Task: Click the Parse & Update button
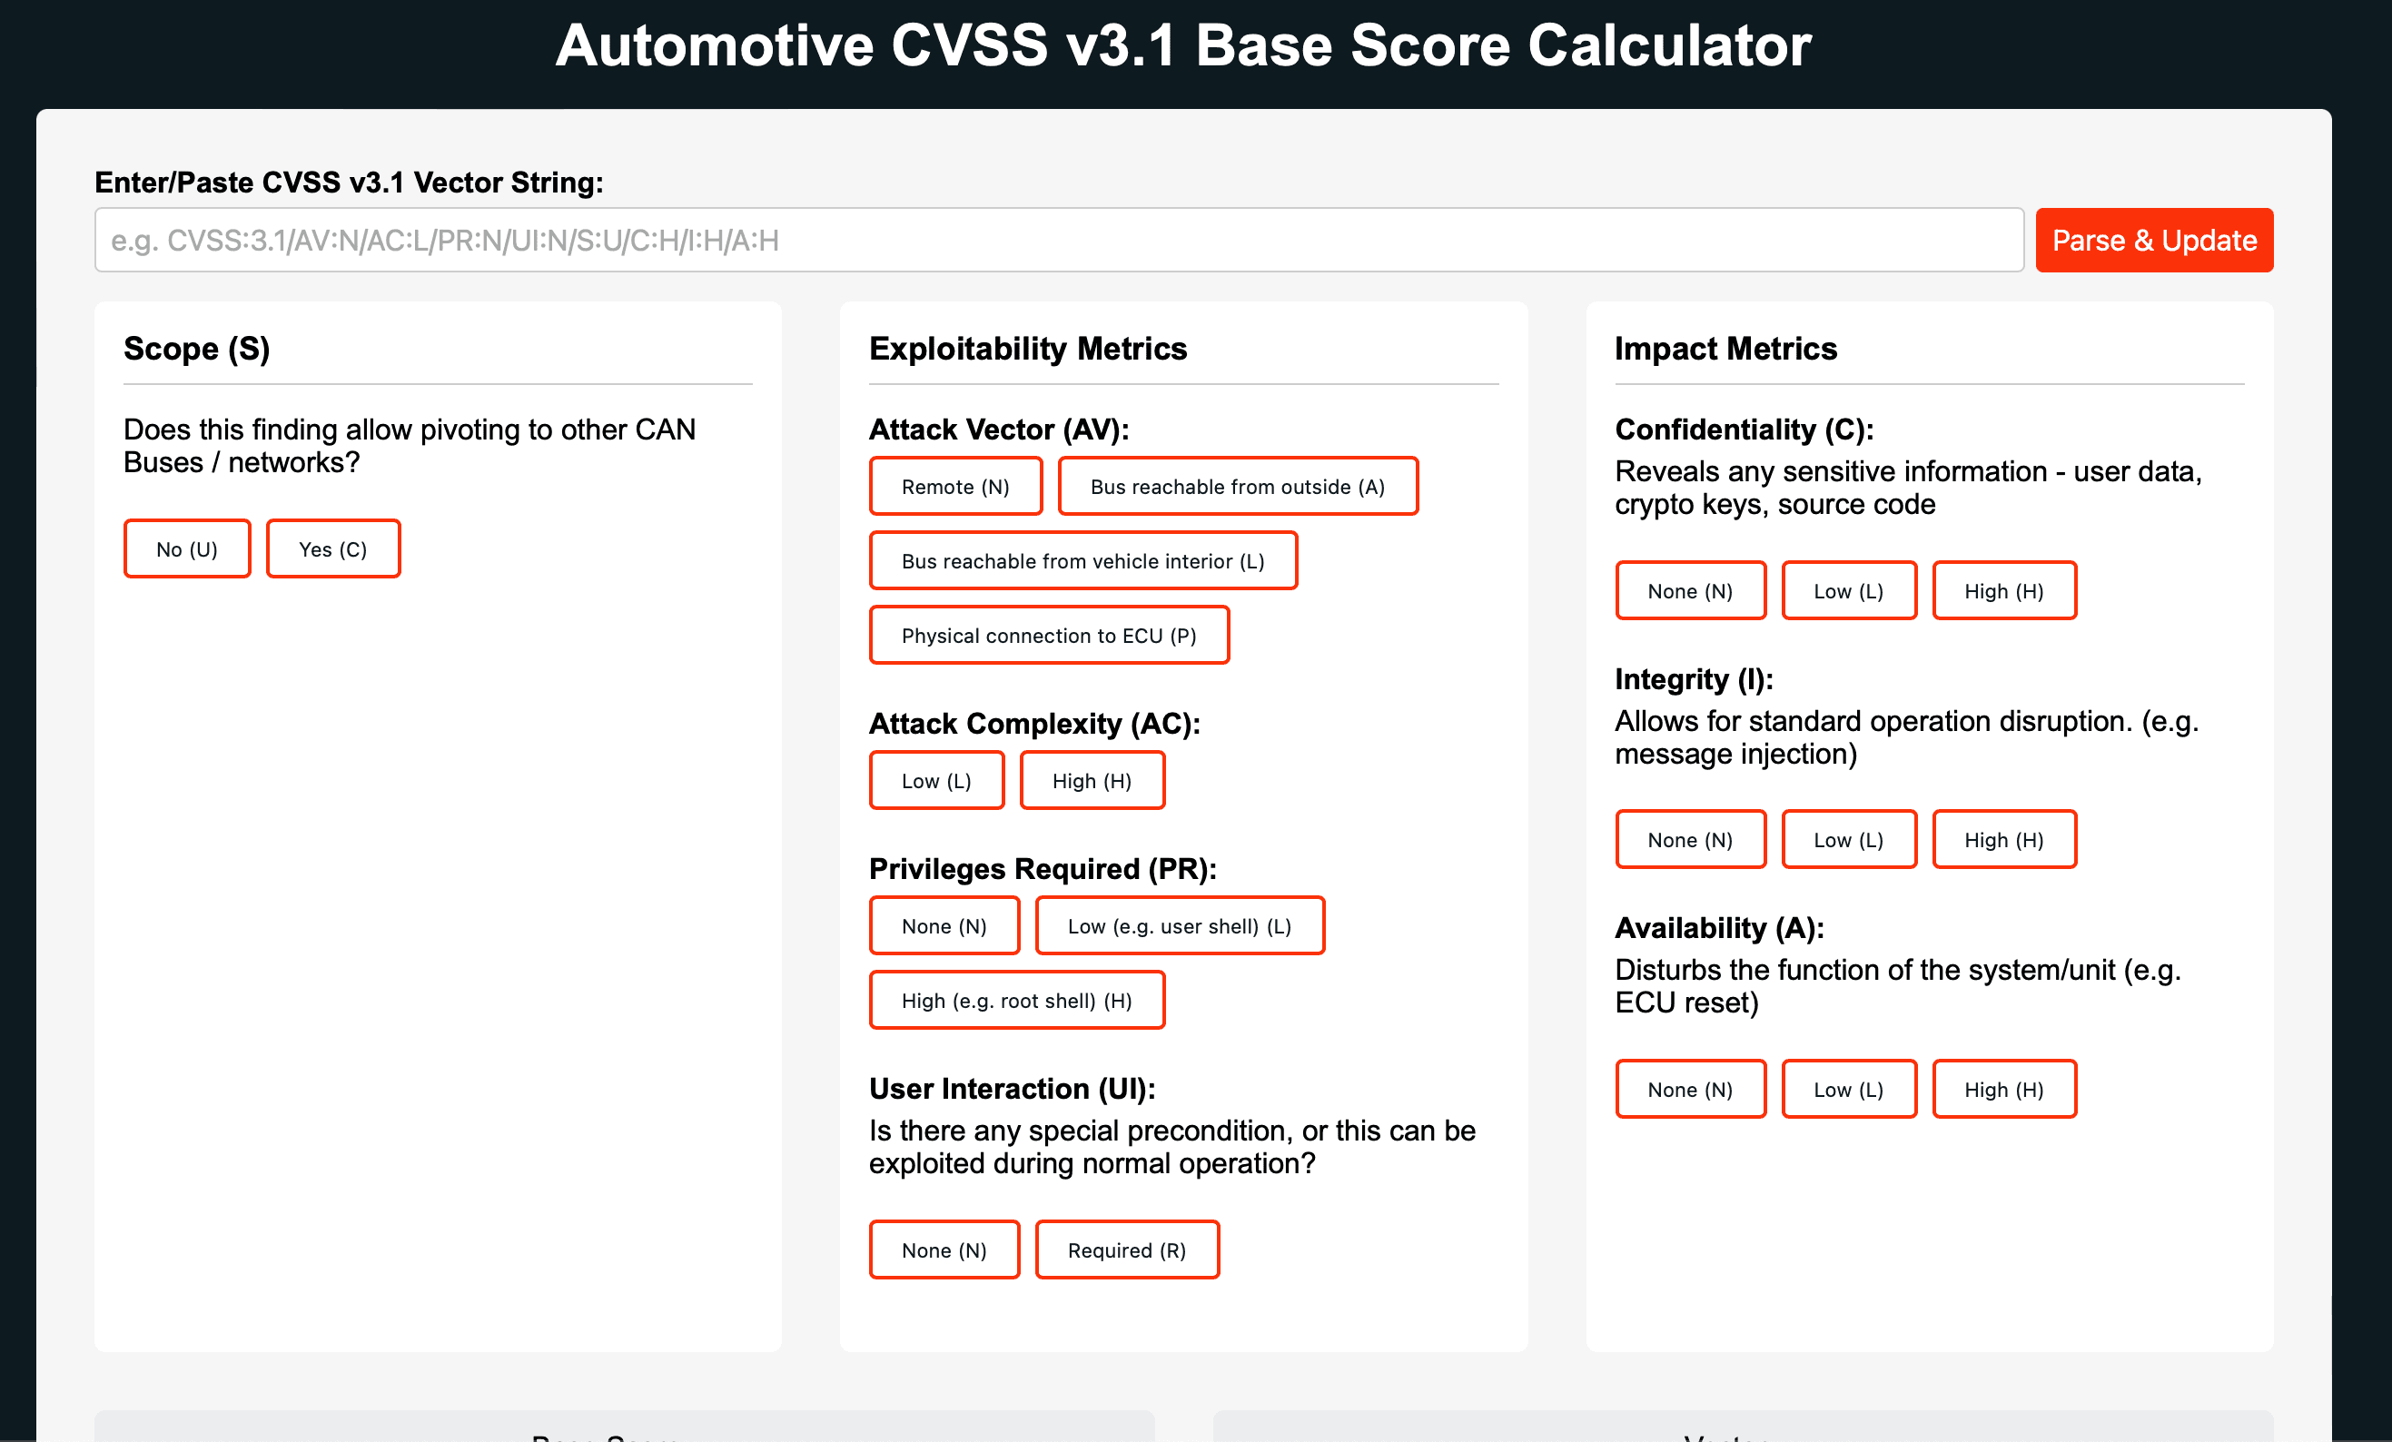2153,241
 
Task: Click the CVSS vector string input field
1058,241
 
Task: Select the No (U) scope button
186,549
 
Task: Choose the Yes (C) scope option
333,549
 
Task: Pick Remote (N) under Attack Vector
955,486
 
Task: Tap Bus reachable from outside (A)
1237,486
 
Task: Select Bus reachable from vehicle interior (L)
1082,561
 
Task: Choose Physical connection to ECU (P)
1049,636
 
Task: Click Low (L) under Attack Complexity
936,781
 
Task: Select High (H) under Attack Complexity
1092,781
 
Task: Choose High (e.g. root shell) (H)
1016,1001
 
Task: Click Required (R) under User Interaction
1126,1249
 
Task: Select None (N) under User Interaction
944,1249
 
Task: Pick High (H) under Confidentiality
2003,591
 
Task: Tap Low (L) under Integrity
1848,839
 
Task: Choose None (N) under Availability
1689,1089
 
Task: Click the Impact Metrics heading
1725,349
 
